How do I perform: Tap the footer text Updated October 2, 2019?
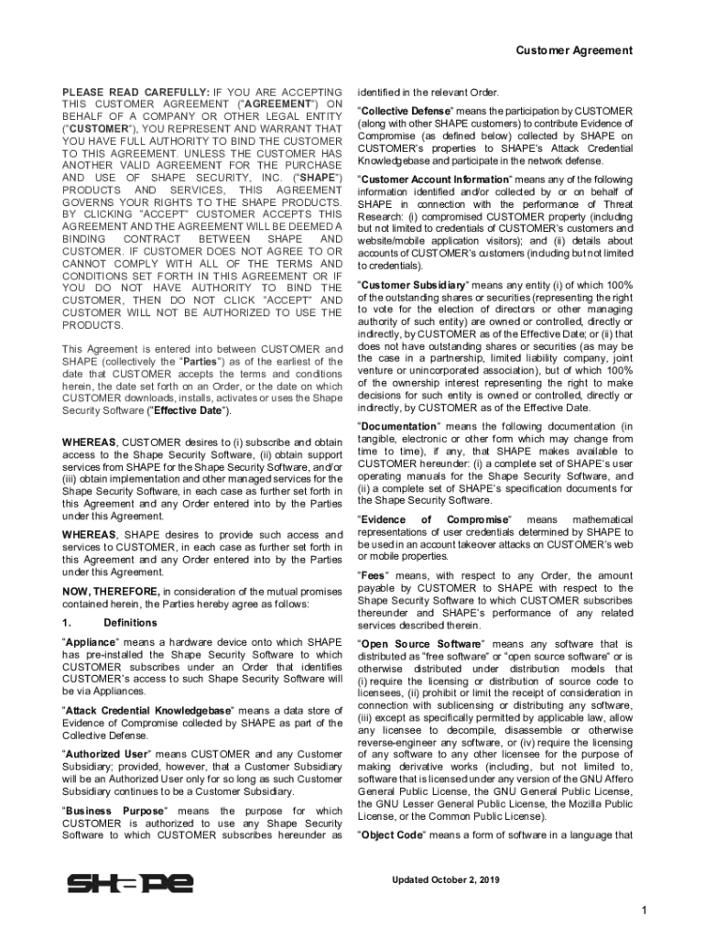pyautogui.click(x=446, y=880)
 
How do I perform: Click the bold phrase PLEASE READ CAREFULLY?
pyautogui.click(x=135, y=93)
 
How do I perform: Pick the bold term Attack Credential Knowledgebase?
pyautogui.click(x=148, y=711)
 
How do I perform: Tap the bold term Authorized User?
pyautogui.click(x=107, y=754)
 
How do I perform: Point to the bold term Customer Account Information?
pyautogui.click(x=433, y=180)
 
